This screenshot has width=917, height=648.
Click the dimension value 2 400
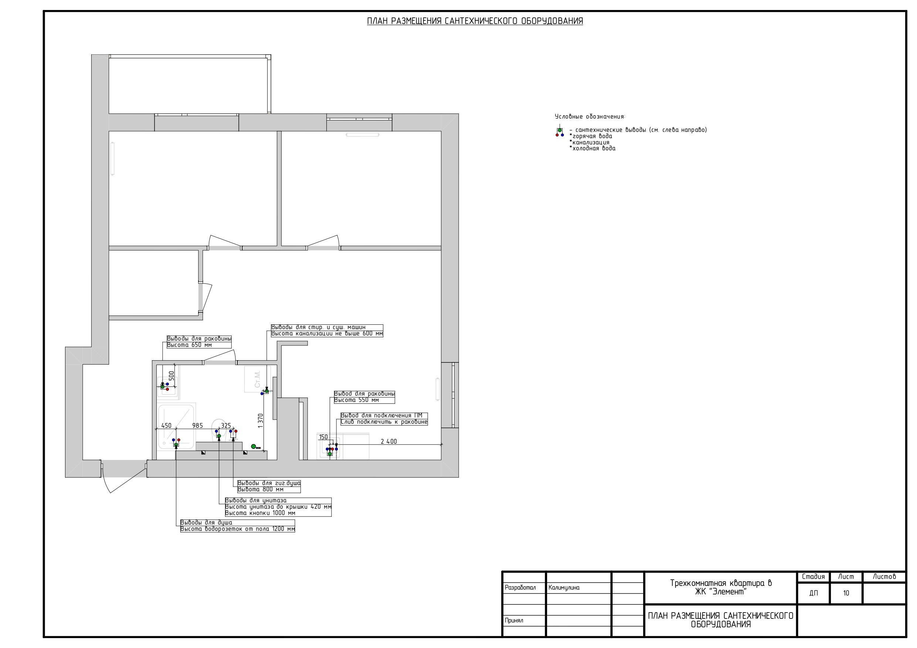pyautogui.click(x=388, y=441)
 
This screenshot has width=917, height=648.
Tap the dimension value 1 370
pyautogui.click(x=261, y=421)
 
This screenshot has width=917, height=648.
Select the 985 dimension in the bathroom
pyautogui.click(x=197, y=426)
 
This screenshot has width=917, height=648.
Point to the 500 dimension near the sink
pyautogui.click(x=171, y=376)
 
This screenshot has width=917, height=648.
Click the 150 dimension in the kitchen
pyautogui.click(x=323, y=437)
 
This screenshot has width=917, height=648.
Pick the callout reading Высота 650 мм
pyautogui.click(x=189, y=345)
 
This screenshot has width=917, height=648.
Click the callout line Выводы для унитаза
pyautogui.click(x=256, y=500)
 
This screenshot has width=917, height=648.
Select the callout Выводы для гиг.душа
pyautogui.click(x=269, y=483)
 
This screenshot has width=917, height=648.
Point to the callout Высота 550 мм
pyautogui.click(x=356, y=400)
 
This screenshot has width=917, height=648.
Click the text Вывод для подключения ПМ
pyautogui.click(x=381, y=416)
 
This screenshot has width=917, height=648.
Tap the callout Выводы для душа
pyautogui.click(x=206, y=523)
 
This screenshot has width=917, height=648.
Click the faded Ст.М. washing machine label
pyautogui.click(x=257, y=379)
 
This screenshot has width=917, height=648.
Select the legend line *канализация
pyautogui.click(x=590, y=143)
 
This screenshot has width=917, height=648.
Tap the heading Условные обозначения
pyautogui.click(x=590, y=117)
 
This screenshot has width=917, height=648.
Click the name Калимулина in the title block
pyautogui.click(x=564, y=588)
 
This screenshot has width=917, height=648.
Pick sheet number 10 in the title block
pyautogui.click(x=846, y=593)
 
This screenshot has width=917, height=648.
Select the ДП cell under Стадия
pyautogui.click(x=813, y=593)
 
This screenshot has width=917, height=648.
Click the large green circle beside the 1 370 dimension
pyautogui.click(x=253, y=446)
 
